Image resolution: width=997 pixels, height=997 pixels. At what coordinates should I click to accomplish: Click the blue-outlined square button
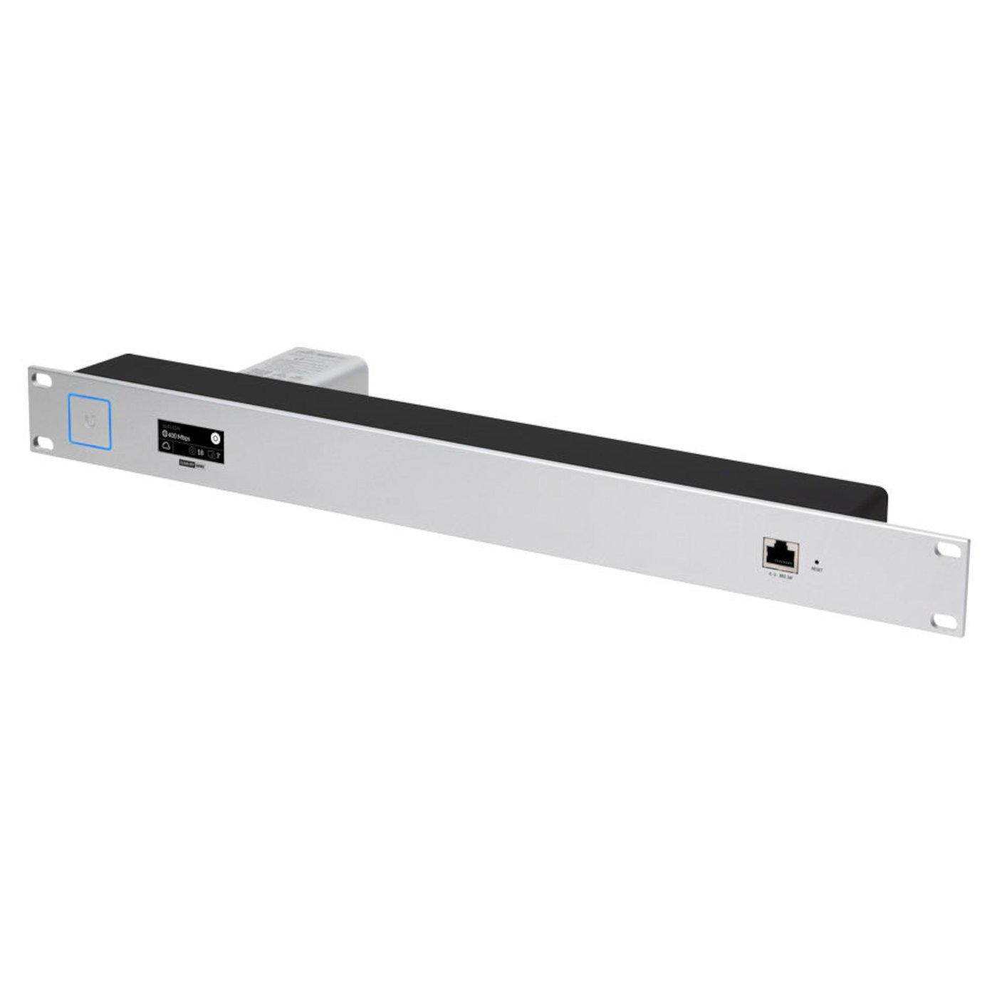point(90,423)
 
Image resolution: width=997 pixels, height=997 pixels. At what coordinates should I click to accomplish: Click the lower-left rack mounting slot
point(44,442)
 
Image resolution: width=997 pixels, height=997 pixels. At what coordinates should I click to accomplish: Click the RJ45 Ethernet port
point(780,552)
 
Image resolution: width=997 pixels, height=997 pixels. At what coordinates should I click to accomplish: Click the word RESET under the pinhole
point(817,570)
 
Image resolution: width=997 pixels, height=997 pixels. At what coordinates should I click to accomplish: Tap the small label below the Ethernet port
point(779,573)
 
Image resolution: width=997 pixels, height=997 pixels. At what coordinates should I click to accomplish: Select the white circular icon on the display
point(216,438)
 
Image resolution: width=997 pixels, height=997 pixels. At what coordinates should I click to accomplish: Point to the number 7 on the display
point(218,454)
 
